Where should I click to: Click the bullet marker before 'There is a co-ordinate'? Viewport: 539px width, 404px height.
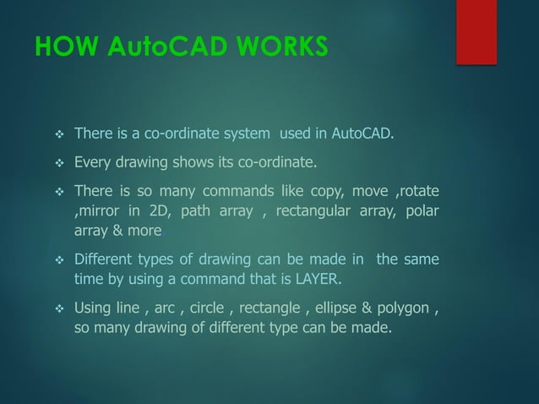59,134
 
